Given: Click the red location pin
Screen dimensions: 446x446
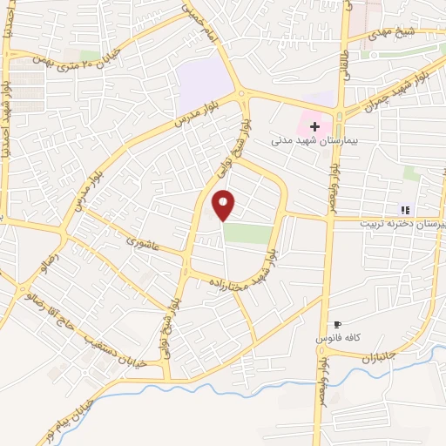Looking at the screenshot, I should coord(224,204).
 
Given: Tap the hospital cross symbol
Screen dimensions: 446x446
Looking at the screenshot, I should coord(314,126).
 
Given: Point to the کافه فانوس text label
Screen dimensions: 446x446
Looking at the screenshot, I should coord(339,336).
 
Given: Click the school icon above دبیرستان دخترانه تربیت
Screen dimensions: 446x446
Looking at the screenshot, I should coord(404,210).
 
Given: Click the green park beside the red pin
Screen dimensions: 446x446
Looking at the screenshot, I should coord(247,233).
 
